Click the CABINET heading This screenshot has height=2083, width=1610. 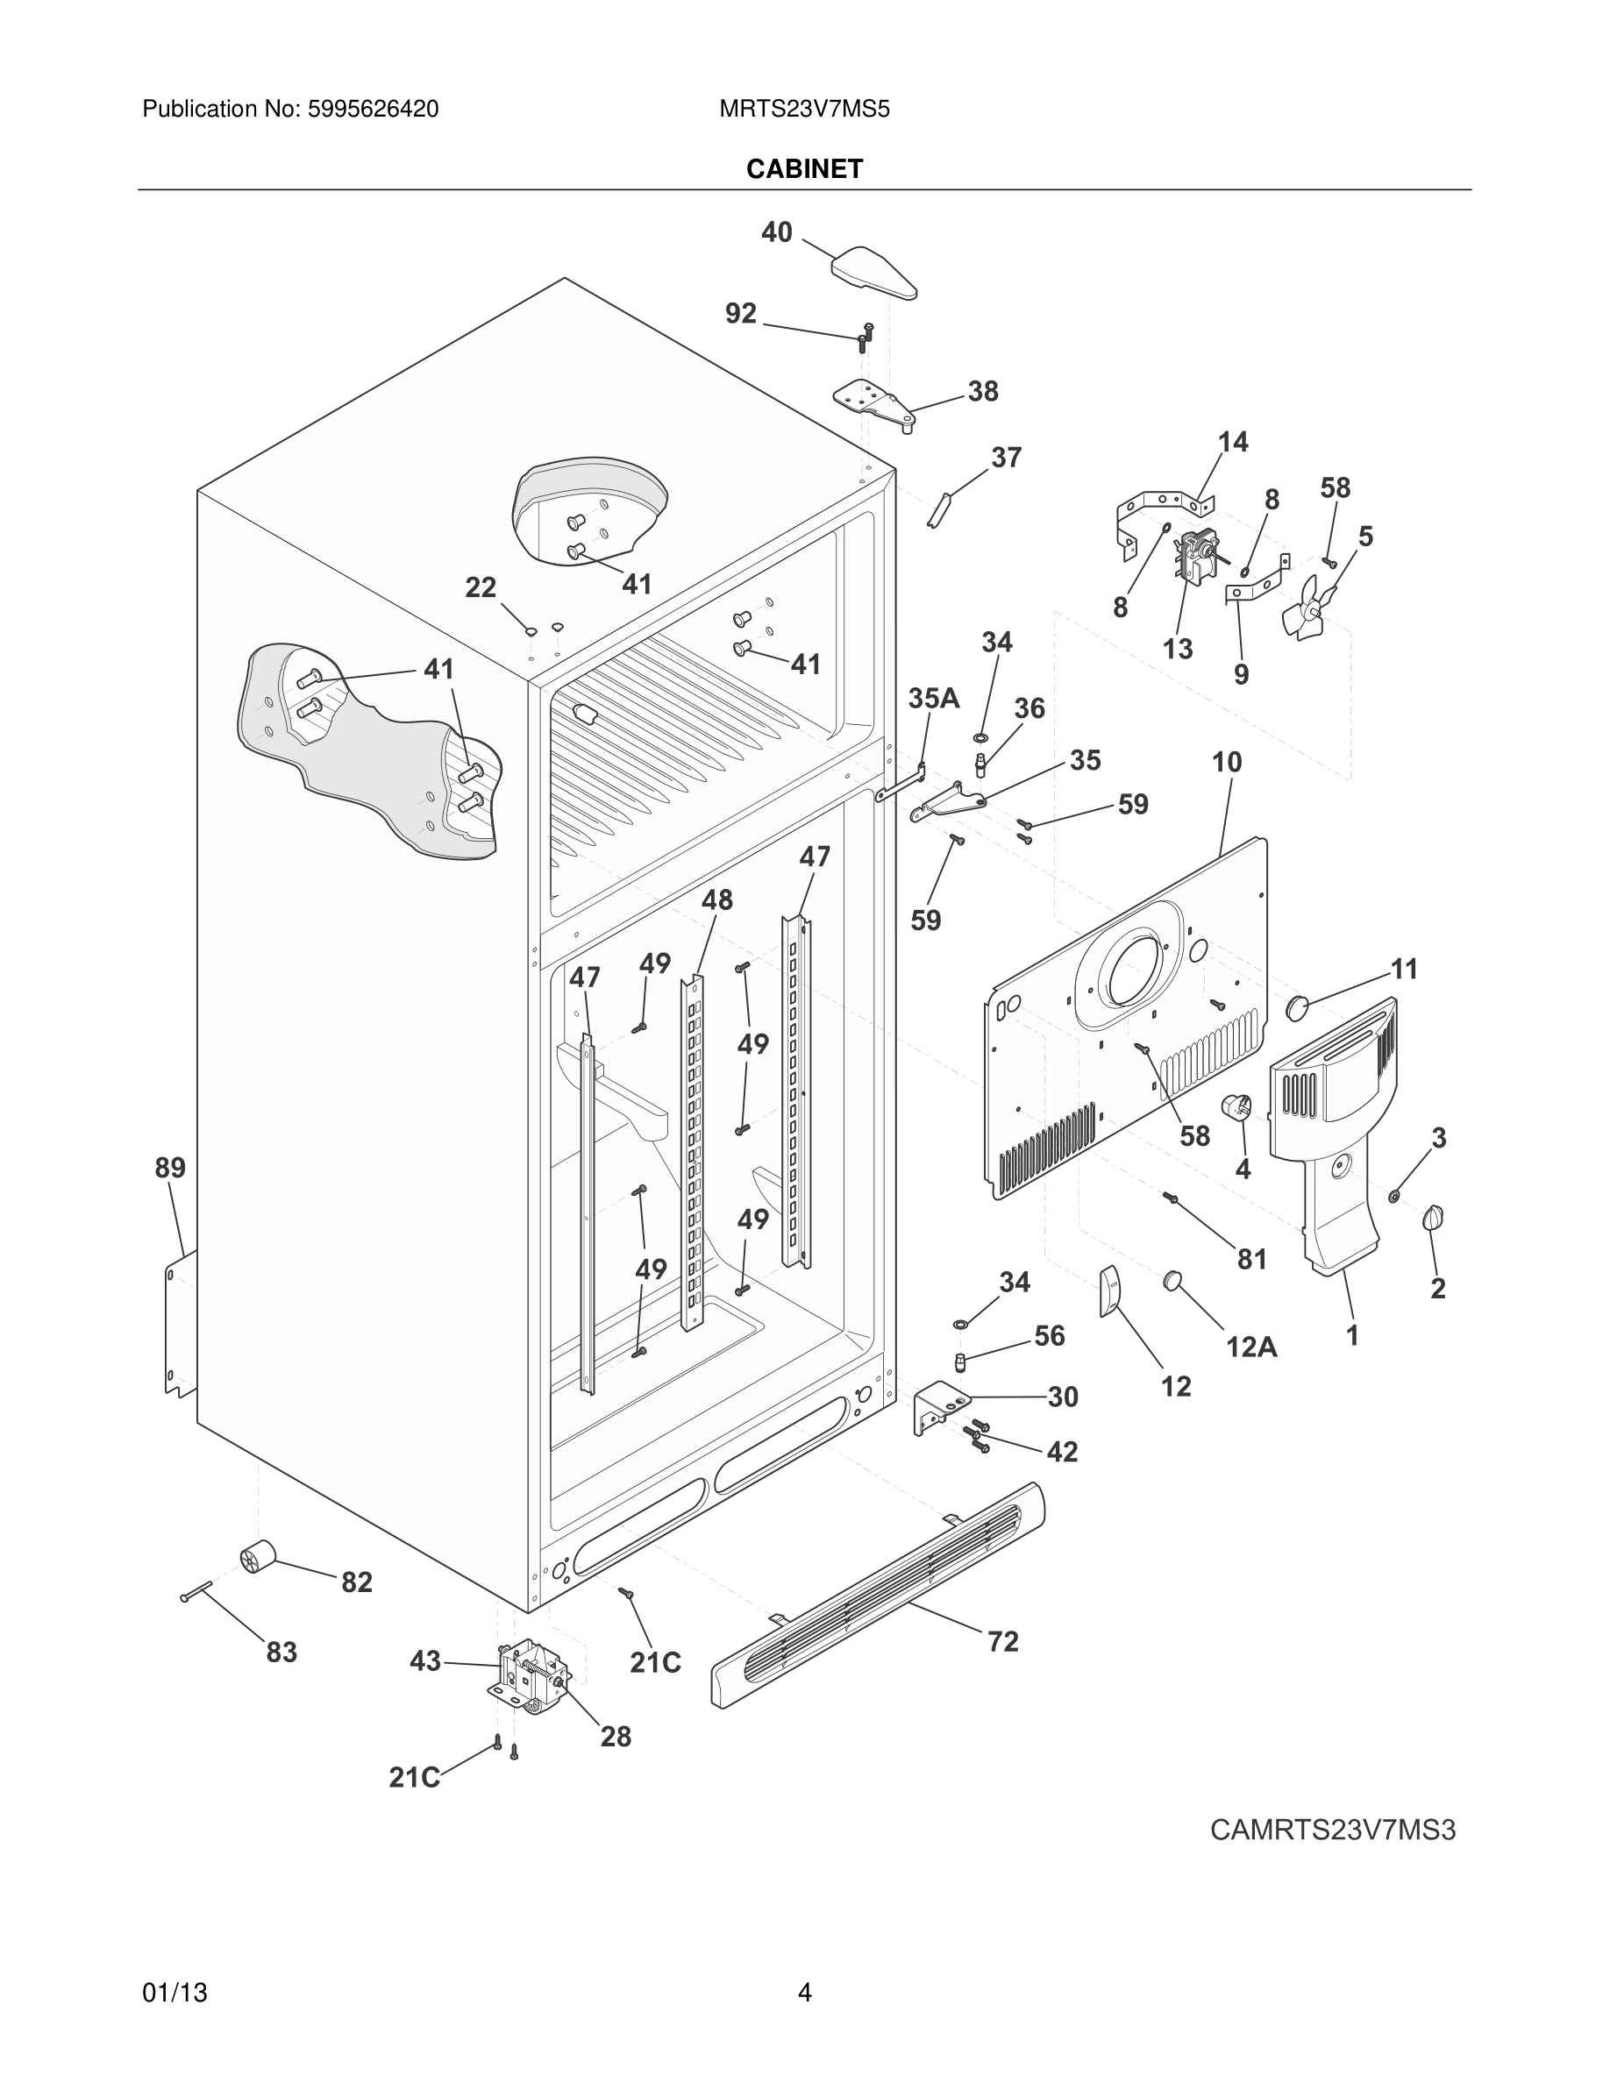pos(804,169)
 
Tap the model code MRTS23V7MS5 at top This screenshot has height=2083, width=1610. pos(804,110)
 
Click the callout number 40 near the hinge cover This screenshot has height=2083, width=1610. pos(776,231)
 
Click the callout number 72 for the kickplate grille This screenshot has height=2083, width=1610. pos(1002,1641)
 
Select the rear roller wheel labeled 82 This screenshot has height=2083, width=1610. pos(257,1558)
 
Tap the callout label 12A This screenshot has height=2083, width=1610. pos(1250,1347)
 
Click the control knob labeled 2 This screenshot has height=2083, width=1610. pos(1433,1218)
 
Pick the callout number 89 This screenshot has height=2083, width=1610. pos(171,1168)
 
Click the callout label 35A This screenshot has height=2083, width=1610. pos(933,698)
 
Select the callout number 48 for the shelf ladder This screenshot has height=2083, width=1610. pos(717,899)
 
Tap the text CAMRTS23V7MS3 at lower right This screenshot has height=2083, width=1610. pos(1332,1831)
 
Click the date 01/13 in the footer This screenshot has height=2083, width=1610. pos(175,1993)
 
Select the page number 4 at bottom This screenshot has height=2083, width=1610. pos(804,1993)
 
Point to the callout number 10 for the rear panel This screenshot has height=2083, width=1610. pos(1227,762)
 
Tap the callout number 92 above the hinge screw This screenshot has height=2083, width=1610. pos(740,313)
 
